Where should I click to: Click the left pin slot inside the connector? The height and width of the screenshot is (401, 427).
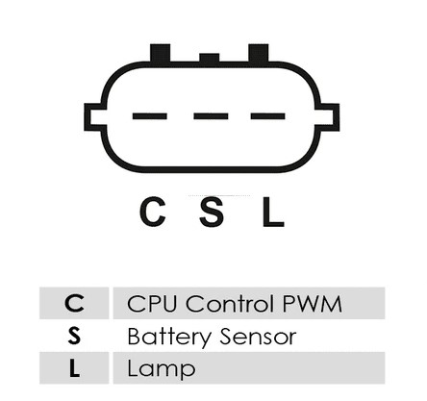pos(150,116)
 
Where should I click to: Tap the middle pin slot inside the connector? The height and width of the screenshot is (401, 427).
pos(211,116)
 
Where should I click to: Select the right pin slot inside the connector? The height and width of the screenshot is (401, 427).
pos(268,116)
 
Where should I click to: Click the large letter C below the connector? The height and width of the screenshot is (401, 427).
pos(153,212)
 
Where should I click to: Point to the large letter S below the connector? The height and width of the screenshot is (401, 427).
pos(212,212)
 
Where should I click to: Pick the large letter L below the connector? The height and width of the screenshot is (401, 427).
pos(273,212)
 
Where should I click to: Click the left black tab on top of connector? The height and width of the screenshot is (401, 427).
pos(161,53)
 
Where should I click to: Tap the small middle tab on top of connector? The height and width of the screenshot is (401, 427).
pos(210,58)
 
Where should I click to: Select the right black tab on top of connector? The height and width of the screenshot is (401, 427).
pos(259,53)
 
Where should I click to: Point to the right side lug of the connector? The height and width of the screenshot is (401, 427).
pos(328,117)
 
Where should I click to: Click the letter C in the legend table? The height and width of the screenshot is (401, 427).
pos(74,303)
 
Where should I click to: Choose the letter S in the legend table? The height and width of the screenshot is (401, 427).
pos(74,336)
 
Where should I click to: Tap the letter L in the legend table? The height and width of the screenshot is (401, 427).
pos(74,368)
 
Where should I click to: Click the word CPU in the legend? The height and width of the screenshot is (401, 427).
pos(152,303)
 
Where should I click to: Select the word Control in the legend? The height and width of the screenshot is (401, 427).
pos(230,303)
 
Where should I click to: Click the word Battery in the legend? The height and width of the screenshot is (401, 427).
pos(169,338)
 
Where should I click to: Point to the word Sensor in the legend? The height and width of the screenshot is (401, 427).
pos(259,337)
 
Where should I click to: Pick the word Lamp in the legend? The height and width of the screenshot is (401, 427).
pos(162,369)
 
